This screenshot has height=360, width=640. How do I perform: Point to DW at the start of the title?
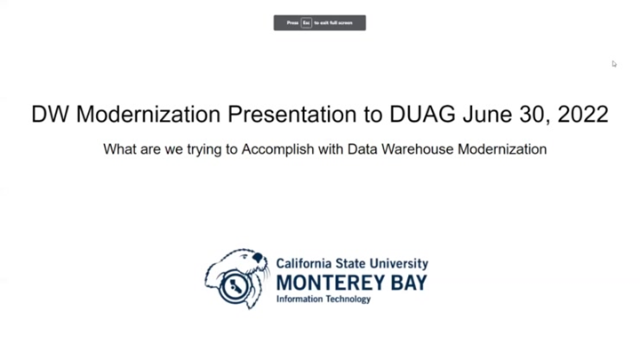50,115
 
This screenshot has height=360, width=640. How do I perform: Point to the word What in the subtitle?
119,149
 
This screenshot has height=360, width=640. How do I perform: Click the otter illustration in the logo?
236,278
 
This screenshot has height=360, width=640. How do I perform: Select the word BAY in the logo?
405,283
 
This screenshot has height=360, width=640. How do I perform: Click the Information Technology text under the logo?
324,300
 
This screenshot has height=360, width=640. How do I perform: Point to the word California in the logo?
304,264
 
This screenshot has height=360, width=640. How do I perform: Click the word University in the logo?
398,264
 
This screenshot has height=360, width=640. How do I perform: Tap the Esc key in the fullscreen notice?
306,23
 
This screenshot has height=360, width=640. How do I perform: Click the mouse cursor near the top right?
613,63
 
